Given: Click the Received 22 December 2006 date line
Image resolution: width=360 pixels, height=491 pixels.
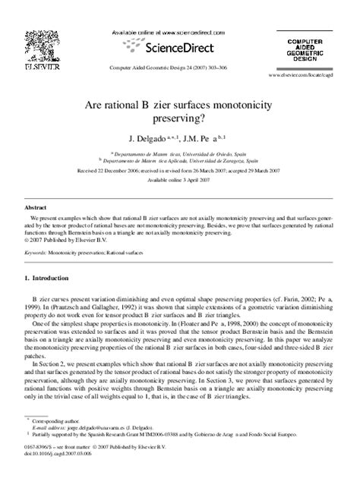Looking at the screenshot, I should (179, 172).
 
